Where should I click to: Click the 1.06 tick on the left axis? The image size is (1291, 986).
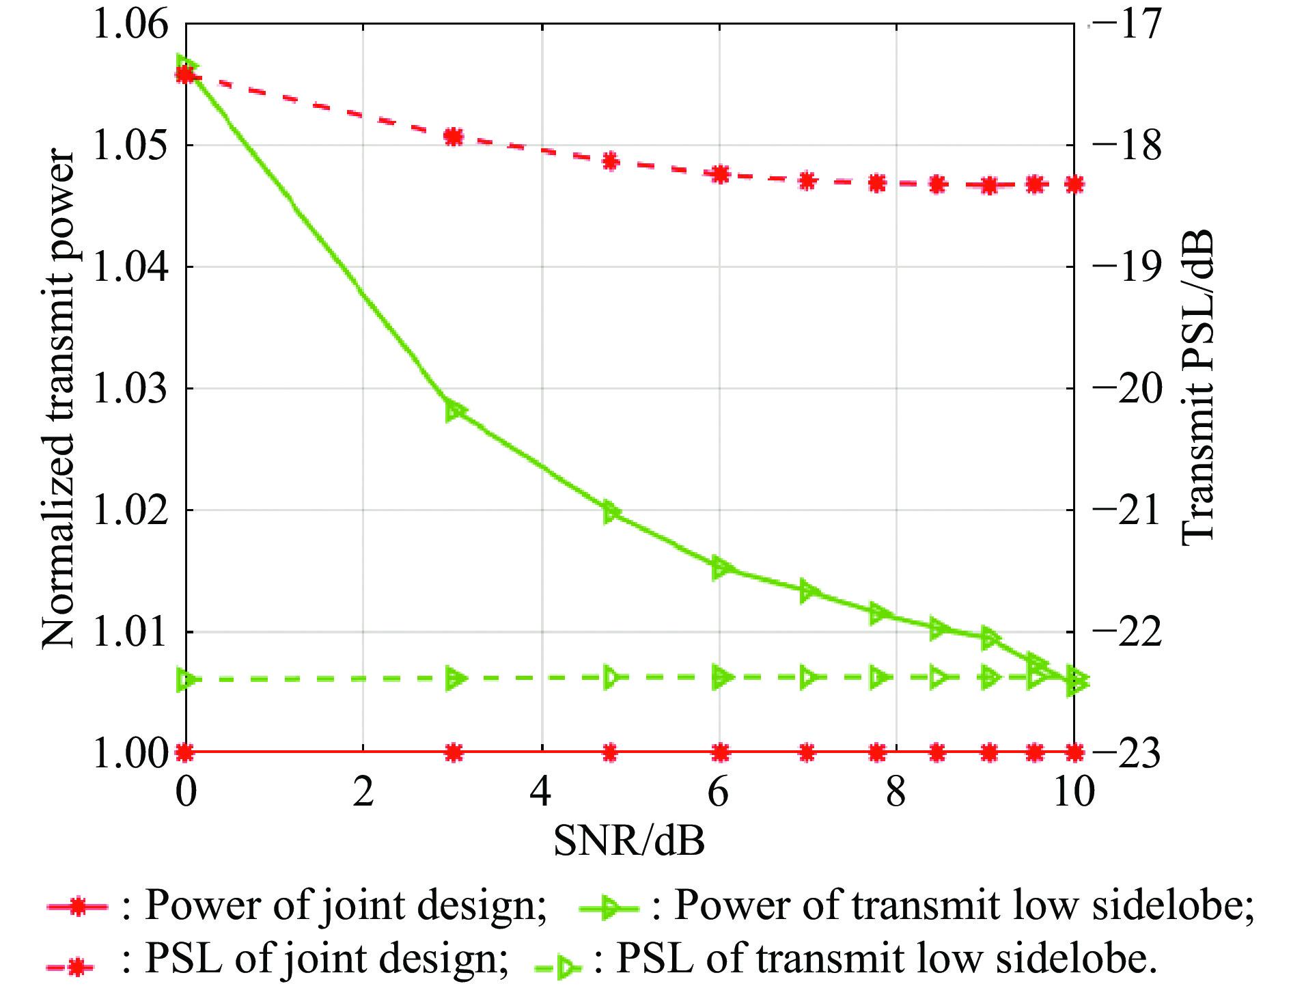click(130, 25)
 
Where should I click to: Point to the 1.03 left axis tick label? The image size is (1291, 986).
click(130, 389)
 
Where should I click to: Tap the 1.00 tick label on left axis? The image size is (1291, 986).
click(130, 754)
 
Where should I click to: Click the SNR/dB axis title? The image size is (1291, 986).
click(628, 840)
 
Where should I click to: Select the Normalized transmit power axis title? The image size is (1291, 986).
click(57, 400)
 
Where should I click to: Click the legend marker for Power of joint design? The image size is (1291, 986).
click(77, 907)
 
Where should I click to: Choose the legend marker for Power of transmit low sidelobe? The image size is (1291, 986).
click(608, 907)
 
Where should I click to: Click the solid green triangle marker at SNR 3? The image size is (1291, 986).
click(455, 411)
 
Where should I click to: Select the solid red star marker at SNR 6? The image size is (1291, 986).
click(719, 753)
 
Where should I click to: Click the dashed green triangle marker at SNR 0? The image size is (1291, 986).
click(186, 681)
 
